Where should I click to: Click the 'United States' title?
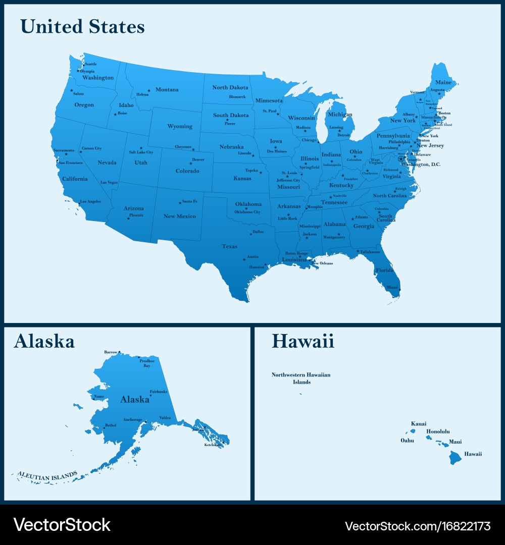[83, 27]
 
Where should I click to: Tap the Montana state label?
[167, 90]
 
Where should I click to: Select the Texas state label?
[229, 246]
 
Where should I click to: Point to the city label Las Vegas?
[109, 182]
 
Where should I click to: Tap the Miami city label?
[392, 287]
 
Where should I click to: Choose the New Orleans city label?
[322, 263]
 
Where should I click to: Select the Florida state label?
[384, 270]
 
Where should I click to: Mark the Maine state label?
[443, 82]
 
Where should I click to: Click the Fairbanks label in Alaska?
[159, 392]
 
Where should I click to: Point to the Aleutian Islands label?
[47, 475]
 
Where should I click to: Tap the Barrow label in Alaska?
[111, 352]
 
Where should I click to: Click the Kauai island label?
[419, 423]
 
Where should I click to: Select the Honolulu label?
[438, 431]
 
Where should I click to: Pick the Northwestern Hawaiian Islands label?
[301, 378]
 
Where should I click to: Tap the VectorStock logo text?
[62, 525]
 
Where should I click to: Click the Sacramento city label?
[64, 150]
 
